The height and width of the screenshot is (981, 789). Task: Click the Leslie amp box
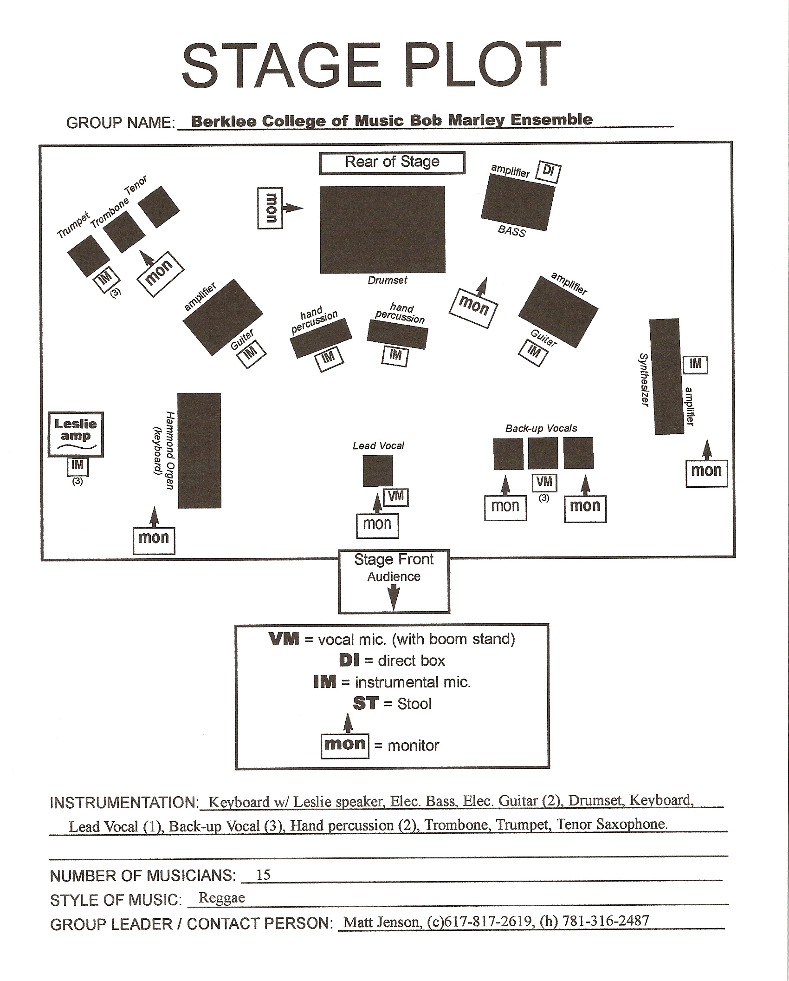click(x=76, y=434)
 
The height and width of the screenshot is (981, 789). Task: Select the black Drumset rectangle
click(x=382, y=229)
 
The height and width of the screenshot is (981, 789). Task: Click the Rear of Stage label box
click(x=392, y=163)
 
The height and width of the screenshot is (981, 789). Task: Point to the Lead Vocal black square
click(x=377, y=471)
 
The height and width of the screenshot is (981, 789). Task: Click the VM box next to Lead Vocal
click(x=396, y=497)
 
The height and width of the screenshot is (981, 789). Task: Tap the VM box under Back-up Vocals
click(x=544, y=483)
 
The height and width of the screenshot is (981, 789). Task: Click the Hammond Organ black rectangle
click(x=199, y=450)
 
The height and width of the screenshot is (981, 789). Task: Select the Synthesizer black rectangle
click(x=666, y=376)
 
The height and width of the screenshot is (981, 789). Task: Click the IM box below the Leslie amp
click(x=78, y=466)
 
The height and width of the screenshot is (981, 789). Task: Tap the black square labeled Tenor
click(x=158, y=207)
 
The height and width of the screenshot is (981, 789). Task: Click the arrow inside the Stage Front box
click(x=394, y=597)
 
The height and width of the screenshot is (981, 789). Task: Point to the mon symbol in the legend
click(x=345, y=745)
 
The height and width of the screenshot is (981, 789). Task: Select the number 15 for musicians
click(x=263, y=876)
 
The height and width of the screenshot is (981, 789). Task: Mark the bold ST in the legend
click(x=366, y=704)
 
